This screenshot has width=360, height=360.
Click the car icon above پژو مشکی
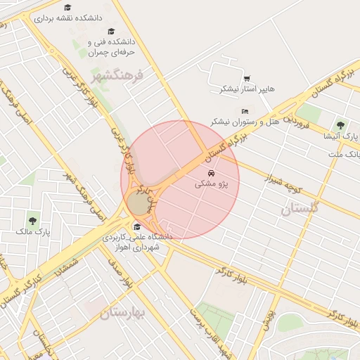pyautogui.click(x=211, y=172)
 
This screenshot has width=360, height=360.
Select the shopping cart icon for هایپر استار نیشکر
pyautogui.click(x=246, y=79)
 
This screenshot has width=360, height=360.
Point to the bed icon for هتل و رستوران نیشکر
pyautogui.click(x=245, y=111)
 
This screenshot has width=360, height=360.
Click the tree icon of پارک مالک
pyautogui.click(x=32, y=220)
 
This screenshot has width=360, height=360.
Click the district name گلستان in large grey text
pyautogui.click(x=300, y=207)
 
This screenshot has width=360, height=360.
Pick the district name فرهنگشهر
pyautogui.click(x=117, y=75)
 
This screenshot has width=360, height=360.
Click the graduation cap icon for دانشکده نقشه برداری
pyautogui.click(x=67, y=7)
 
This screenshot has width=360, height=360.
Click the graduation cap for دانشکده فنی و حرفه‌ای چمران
pyautogui.click(x=111, y=32)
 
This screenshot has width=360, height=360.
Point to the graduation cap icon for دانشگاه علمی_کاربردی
pyautogui.click(x=136, y=226)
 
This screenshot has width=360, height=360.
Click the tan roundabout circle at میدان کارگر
pyautogui.click(x=139, y=204)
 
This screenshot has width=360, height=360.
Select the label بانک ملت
pyautogui.click(x=344, y=153)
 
